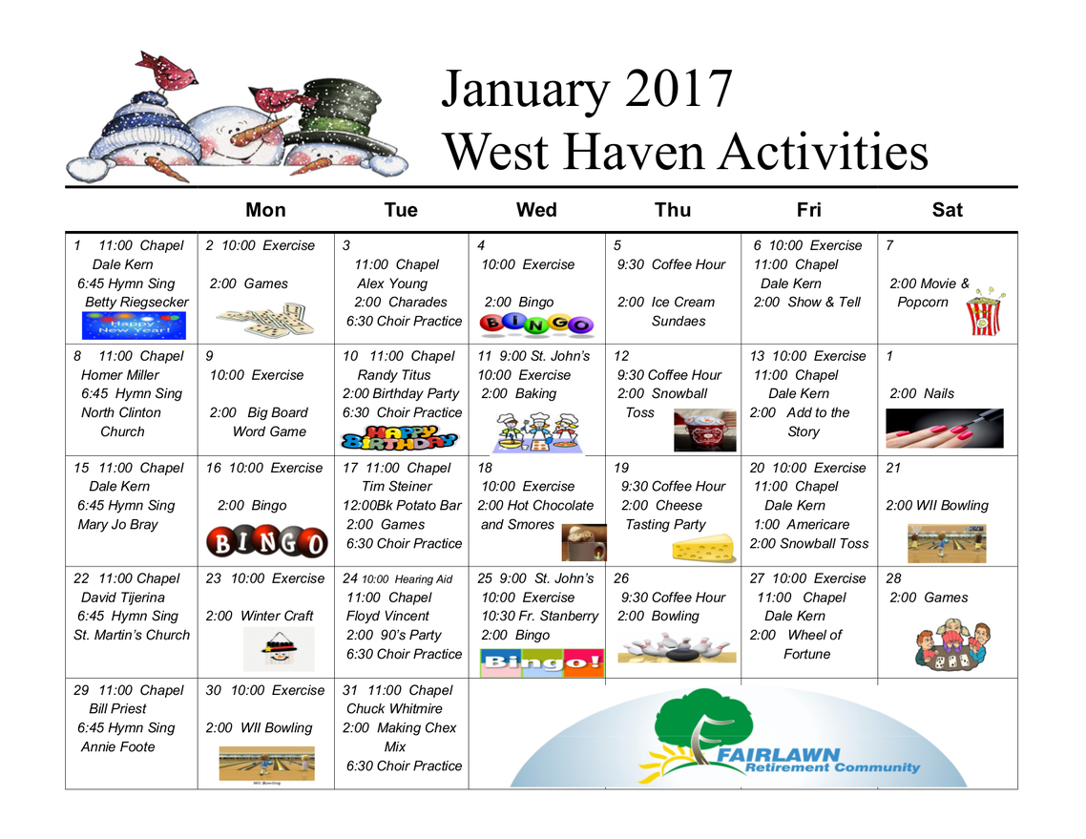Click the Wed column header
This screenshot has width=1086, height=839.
coord(536,210)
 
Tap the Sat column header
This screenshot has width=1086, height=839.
coord(947,210)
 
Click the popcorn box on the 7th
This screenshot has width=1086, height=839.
coord(985,312)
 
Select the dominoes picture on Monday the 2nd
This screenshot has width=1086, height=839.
coord(265,320)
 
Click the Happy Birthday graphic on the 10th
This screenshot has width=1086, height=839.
coord(400,438)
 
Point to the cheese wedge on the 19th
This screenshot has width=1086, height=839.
coord(703,547)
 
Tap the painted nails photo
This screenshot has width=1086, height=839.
coord(945,429)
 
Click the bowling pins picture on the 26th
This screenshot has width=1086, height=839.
coord(676,648)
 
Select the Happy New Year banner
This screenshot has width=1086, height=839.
coord(134,325)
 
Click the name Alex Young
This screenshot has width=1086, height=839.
coord(392,283)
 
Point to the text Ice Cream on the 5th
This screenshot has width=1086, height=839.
coord(682,302)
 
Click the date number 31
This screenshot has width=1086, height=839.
coord(350,690)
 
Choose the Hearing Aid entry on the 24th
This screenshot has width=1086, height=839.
coord(423,579)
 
